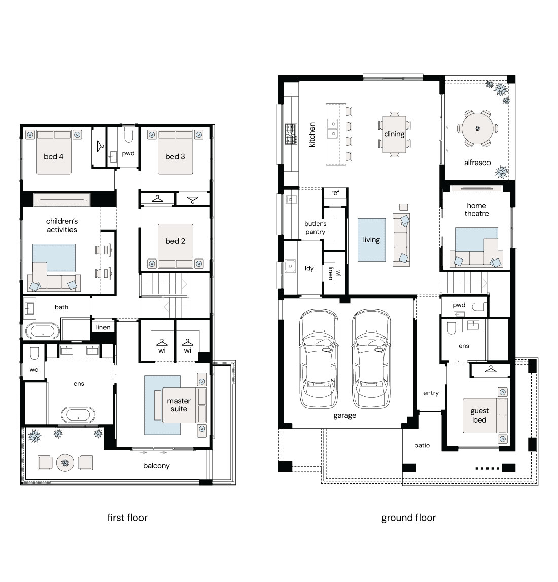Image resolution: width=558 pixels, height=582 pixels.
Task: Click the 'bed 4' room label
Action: click(x=53, y=156)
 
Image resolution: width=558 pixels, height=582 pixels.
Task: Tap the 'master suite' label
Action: click(x=179, y=405)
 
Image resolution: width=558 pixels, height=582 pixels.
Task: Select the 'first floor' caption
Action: click(x=127, y=518)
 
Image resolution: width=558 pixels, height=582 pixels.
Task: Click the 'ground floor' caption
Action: click(x=408, y=518)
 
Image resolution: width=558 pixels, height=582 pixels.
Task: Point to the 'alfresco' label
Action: click(x=477, y=163)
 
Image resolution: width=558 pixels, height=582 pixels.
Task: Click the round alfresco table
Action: click(x=477, y=128)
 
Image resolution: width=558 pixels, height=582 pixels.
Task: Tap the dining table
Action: click(x=394, y=134)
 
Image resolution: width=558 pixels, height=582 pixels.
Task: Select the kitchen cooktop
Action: click(x=291, y=134)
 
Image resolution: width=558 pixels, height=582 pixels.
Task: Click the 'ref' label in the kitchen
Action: click(x=335, y=192)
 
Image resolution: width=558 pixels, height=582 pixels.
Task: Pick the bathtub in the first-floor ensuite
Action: click(x=78, y=415)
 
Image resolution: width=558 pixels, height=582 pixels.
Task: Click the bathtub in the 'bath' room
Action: click(x=43, y=331)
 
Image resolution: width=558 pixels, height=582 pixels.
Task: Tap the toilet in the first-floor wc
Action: click(x=34, y=352)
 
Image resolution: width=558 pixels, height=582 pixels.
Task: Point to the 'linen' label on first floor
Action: click(x=103, y=327)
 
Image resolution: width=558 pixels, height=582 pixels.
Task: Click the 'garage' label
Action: click(x=345, y=416)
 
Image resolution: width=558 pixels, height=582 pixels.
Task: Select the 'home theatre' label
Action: click(x=476, y=209)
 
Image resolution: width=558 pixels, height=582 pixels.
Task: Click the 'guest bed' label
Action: click(x=480, y=415)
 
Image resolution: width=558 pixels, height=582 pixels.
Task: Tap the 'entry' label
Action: click(x=431, y=393)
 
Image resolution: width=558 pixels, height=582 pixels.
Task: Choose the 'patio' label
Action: click(x=422, y=445)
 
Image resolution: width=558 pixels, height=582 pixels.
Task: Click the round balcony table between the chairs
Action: click(x=65, y=463)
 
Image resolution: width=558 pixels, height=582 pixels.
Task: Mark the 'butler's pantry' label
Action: click(x=315, y=228)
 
